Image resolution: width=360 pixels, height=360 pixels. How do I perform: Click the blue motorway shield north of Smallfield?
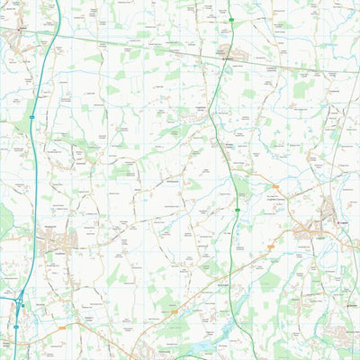pos(31,117)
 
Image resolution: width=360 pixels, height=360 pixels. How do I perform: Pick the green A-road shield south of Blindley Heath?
pos(238,211)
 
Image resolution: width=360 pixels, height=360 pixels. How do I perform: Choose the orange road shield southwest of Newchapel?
pos(173,306)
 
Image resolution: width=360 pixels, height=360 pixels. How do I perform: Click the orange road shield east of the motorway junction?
pos(62,328)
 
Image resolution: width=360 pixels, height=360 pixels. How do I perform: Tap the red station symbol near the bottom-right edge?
pos(350,305)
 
